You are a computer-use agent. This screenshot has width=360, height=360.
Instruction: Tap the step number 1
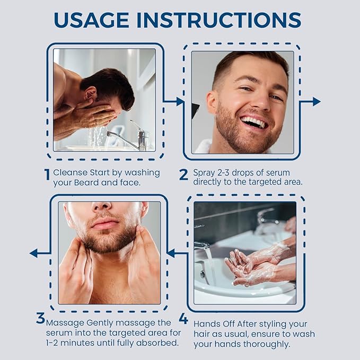point(47,175)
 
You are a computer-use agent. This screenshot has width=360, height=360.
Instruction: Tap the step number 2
point(183,175)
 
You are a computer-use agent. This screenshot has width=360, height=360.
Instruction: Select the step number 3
point(40,319)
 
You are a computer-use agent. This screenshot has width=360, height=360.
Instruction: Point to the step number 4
point(183,319)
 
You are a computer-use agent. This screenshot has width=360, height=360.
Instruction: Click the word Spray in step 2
point(205,172)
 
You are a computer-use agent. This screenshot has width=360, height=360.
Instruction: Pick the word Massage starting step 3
point(64,322)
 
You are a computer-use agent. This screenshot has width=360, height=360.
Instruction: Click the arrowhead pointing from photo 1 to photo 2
point(180,101)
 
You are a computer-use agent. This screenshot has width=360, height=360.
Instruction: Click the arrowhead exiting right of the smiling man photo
point(317,101)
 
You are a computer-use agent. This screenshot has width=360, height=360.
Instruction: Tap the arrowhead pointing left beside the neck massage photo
point(33,253)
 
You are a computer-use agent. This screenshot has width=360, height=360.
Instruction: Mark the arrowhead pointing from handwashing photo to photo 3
point(171,253)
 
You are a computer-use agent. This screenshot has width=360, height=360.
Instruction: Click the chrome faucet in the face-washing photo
point(130,139)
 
